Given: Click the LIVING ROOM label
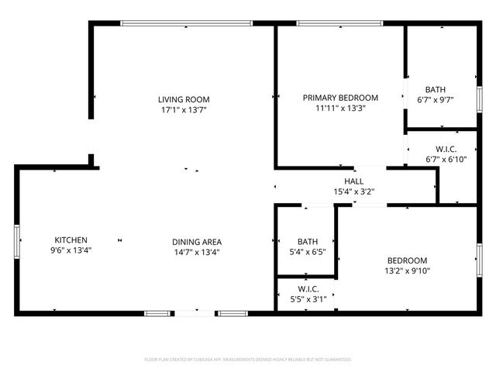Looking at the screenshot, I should [184, 99].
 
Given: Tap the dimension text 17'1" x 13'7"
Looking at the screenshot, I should [184, 110].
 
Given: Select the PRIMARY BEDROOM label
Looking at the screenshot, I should [340, 98].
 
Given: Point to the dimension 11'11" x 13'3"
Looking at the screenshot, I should [340, 108].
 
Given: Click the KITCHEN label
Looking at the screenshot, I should [71, 240].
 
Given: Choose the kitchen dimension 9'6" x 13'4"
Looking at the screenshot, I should [71, 251].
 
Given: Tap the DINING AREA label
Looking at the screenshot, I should [197, 242].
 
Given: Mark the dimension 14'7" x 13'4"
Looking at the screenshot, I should [197, 252].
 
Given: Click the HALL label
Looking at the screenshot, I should [354, 181].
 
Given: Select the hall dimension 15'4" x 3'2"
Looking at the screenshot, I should [354, 191].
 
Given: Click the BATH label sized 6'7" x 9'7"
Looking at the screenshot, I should [435, 89].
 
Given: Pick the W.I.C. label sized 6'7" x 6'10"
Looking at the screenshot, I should [445, 149].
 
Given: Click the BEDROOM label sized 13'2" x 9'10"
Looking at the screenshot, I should [408, 260].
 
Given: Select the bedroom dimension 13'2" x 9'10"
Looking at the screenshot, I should [408, 271].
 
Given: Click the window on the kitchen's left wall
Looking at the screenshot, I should [17, 240].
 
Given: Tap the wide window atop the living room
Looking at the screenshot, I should [186, 23].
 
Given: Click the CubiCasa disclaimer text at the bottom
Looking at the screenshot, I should [248, 360].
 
